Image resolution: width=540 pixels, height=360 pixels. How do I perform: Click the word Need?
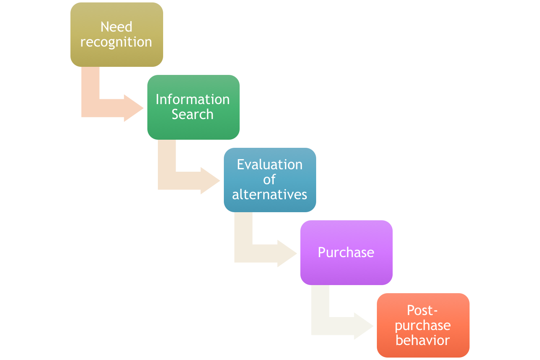point(116,27)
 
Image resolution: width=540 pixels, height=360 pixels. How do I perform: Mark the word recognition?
point(116,42)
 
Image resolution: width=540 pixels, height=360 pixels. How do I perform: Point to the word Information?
point(193,100)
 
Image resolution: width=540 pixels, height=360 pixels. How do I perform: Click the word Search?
point(193,115)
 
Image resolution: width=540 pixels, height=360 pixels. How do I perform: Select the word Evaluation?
point(270,165)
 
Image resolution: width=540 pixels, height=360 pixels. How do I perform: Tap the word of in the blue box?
point(270,179)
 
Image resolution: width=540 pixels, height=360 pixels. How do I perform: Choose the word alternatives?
point(270,195)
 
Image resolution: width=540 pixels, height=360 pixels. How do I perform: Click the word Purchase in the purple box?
point(346,253)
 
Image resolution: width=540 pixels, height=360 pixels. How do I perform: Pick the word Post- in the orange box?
point(423,311)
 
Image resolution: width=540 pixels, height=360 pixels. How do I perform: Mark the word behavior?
point(423,340)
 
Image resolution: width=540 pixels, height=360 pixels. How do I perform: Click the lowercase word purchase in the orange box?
point(423,326)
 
